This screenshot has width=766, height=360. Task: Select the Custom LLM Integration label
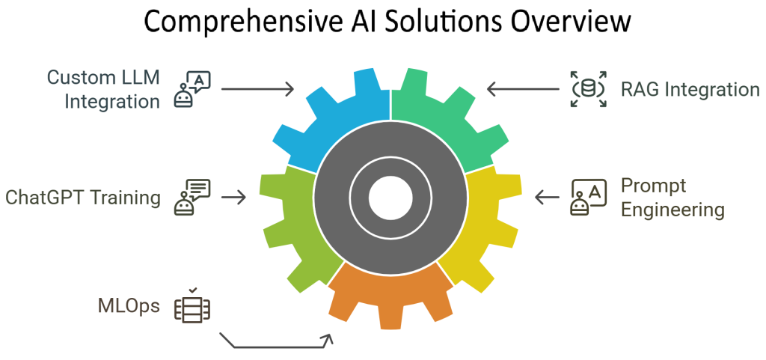point(103,89)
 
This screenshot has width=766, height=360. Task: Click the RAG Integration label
point(690,90)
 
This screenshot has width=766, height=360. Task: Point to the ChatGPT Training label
point(82,198)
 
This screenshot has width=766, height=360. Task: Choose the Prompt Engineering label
point(672,198)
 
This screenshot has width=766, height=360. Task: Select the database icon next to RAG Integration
point(588,90)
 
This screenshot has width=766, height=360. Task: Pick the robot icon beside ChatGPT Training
point(192,198)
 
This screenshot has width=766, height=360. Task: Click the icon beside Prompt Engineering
point(589,198)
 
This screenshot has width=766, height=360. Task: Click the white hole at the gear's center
point(390,198)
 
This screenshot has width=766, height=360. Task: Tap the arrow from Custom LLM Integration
point(258,90)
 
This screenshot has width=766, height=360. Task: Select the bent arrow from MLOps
point(277,346)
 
